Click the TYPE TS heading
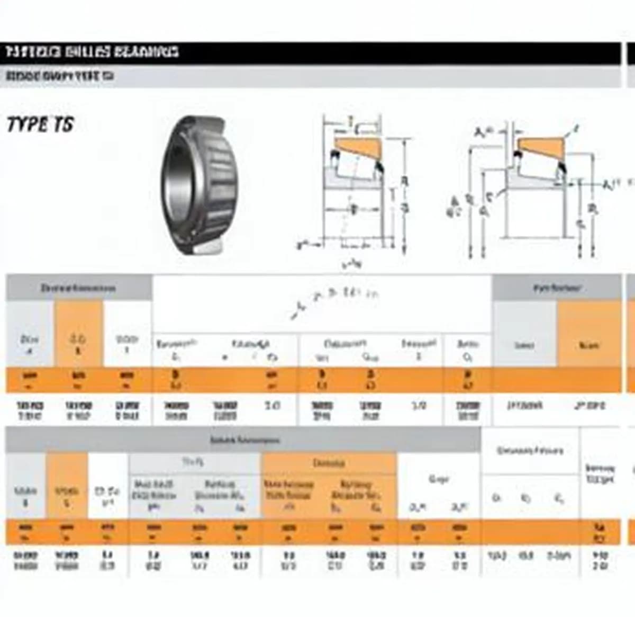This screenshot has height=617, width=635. (x=40, y=125)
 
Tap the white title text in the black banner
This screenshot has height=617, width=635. (x=93, y=52)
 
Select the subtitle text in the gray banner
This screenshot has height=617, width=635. (x=60, y=76)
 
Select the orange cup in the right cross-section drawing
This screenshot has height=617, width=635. (x=540, y=145)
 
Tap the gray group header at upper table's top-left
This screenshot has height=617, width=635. (x=78, y=288)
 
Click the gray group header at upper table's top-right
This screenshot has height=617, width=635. (x=556, y=288)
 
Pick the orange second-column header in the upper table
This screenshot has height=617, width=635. (x=78, y=344)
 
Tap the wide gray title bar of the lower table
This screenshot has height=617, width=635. (x=243, y=440)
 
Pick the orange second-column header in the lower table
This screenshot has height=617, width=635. (x=67, y=495)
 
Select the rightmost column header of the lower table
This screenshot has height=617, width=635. (x=600, y=473)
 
